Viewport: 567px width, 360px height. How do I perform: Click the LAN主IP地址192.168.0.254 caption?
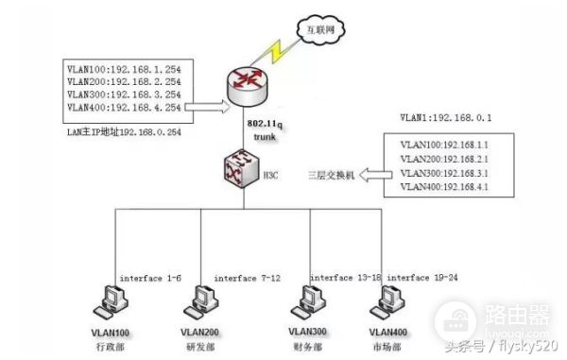[122, 134]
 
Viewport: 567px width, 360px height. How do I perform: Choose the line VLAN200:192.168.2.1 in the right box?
[444, 159]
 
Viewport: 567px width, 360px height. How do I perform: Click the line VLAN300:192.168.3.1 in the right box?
[444, 173]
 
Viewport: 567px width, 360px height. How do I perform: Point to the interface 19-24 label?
[421, 278]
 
